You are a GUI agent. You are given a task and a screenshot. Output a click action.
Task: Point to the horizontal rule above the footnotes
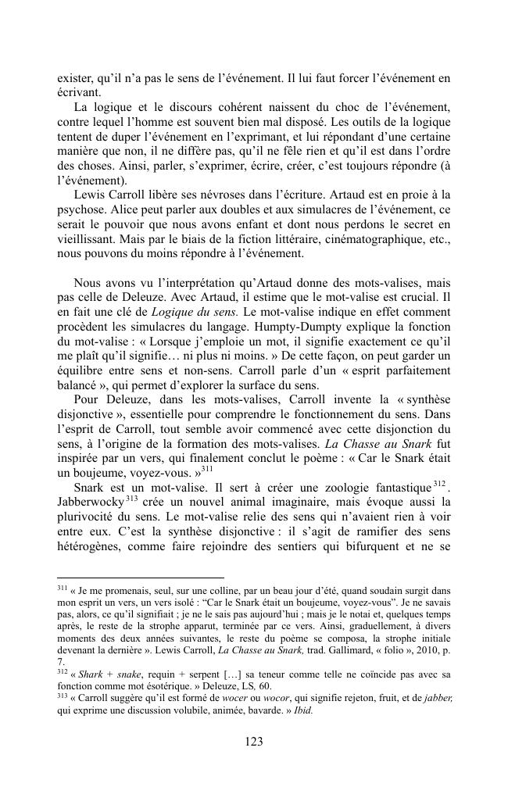coord(141,576)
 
